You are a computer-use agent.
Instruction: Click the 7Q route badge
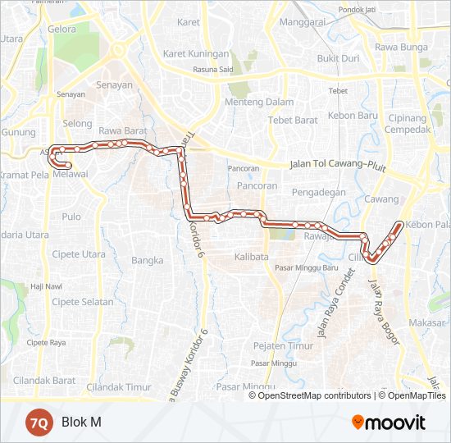click(38, 422)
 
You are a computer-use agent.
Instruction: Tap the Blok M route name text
click(81, 422)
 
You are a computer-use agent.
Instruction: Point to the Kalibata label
click(251, 257)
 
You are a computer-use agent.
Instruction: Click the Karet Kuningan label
click(196, 53)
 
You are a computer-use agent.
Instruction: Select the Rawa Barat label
click(121, 130)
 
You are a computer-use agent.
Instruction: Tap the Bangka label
click(148, 261)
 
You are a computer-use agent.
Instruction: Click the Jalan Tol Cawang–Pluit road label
click(338, 165)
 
